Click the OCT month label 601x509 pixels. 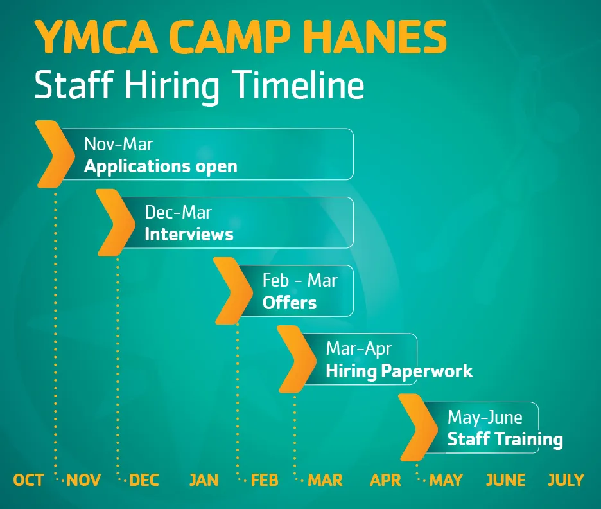pos(29,480)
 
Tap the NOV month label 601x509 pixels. pos(84,480)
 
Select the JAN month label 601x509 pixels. pos(204,480)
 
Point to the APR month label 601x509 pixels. pos(386,480)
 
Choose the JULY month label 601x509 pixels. pos(566,480)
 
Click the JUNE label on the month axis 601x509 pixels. pos(505,480)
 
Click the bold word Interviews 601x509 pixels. pos(189,234)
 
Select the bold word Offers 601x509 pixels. pos(290,302)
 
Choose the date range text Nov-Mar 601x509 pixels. pos(119,143)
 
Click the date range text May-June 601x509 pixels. pos(485,417)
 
